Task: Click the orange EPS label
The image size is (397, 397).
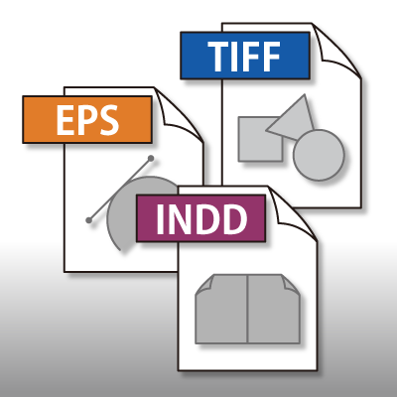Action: [87, 119]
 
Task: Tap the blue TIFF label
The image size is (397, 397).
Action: [245, 56]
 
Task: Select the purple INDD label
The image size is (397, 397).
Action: [201, 218]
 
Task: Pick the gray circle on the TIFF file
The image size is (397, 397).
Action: [319, 155]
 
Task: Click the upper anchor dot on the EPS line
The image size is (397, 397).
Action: [151, 159]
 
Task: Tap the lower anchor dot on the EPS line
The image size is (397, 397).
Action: [88, 220]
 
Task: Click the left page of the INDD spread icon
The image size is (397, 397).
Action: [221, 310]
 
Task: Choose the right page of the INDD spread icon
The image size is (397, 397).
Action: [274, 310]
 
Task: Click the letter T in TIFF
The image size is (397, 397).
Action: [220, 57]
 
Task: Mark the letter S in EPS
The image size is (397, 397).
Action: [106, 120]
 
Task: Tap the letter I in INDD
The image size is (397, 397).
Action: [160, 219]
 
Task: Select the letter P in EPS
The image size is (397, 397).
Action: [84, 120]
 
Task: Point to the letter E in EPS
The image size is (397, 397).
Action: [64, 120]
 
